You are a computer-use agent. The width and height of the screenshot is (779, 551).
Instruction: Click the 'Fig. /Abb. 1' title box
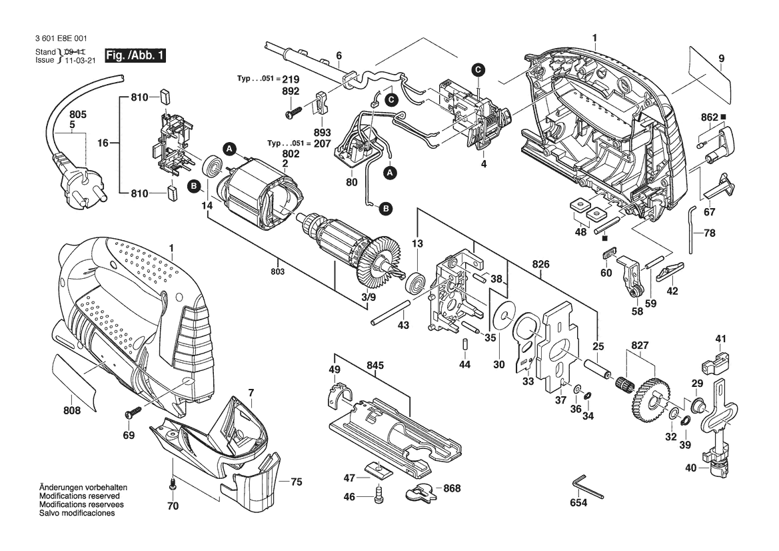135,55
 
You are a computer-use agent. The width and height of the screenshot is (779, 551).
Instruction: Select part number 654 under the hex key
578,503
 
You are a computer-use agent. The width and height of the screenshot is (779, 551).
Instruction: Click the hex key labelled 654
586,488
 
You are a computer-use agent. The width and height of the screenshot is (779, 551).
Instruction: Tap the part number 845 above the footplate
375,366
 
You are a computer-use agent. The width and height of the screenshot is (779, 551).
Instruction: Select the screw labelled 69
134,412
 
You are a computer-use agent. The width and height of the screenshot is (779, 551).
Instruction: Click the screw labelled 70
173,485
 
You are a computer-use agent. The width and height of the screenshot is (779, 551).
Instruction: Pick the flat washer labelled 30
505,316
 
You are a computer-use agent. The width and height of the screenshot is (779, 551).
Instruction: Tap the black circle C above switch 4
478,69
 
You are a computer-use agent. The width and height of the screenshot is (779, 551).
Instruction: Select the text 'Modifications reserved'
79,496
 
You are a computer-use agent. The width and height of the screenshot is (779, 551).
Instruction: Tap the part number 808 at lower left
72,412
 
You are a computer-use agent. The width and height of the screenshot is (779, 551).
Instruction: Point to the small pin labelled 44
465,344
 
